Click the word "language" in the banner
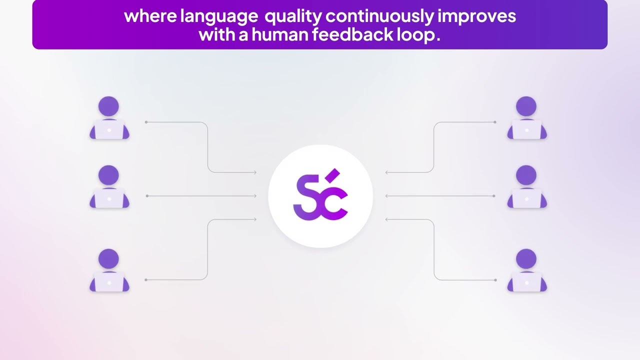[219, 16]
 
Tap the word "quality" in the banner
[293, 16]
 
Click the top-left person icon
[109, 118]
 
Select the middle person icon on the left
[109, 187]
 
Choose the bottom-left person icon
[109, 270]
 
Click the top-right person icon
[527, 118]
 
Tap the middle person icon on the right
[527, 187]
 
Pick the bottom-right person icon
[527, 270]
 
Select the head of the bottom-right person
[527, 259]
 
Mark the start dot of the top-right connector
[495, 122]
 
